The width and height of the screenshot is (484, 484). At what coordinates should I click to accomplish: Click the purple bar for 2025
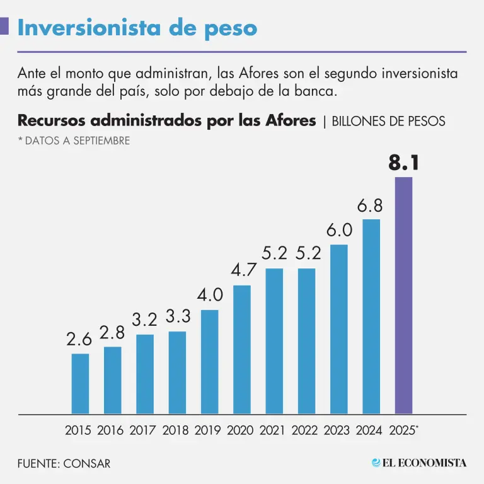pos(403,296)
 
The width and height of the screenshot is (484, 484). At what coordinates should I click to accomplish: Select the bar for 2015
pos(80,384)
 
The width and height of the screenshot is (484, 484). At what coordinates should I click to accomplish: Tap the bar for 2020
pos(242,350)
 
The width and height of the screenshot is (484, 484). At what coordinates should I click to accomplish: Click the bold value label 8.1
pos(403,163)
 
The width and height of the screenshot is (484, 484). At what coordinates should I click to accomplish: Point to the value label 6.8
pos(371,206)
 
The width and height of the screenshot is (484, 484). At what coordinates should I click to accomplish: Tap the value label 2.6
pos(79,339)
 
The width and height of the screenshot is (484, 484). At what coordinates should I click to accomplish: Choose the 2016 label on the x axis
pos(110,430)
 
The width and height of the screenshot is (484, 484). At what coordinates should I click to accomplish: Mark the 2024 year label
pos(369,430)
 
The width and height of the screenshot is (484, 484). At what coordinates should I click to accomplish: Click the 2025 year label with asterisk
pos(404,430)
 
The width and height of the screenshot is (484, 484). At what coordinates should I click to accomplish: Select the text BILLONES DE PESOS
pos(388,121)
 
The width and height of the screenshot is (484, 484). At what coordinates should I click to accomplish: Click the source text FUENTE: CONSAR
pos(64,463)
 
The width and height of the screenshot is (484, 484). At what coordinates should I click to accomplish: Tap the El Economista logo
pos(418,463)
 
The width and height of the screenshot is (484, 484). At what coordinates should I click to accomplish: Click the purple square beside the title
pos(4,26)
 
